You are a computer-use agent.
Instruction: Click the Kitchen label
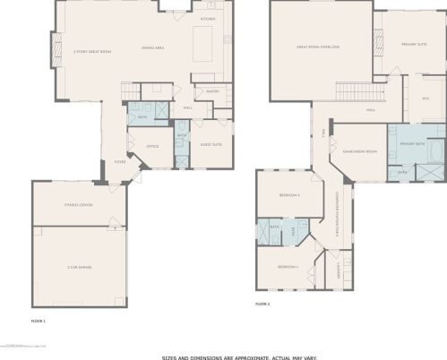[x=208, y=18]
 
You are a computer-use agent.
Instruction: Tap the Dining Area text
[x=152, y=47]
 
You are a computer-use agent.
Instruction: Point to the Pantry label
[x=212, y=90]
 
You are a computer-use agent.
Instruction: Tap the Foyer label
[x=119, y=161]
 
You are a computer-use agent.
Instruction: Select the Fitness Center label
[x=78, y=205]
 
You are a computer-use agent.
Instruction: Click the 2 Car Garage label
[x=80, y=266]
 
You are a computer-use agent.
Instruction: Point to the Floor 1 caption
[x=38, y=320]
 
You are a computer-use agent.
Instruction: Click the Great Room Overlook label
[x=319, y=47]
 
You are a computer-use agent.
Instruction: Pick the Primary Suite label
[x=414, y=43]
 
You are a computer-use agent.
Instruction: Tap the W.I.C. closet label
[x=426, y=99]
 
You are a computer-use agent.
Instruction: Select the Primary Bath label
[x=412, y=143]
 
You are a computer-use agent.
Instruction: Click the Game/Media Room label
[x=359, y=151]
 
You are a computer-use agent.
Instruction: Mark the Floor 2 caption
[x=262, y=304]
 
